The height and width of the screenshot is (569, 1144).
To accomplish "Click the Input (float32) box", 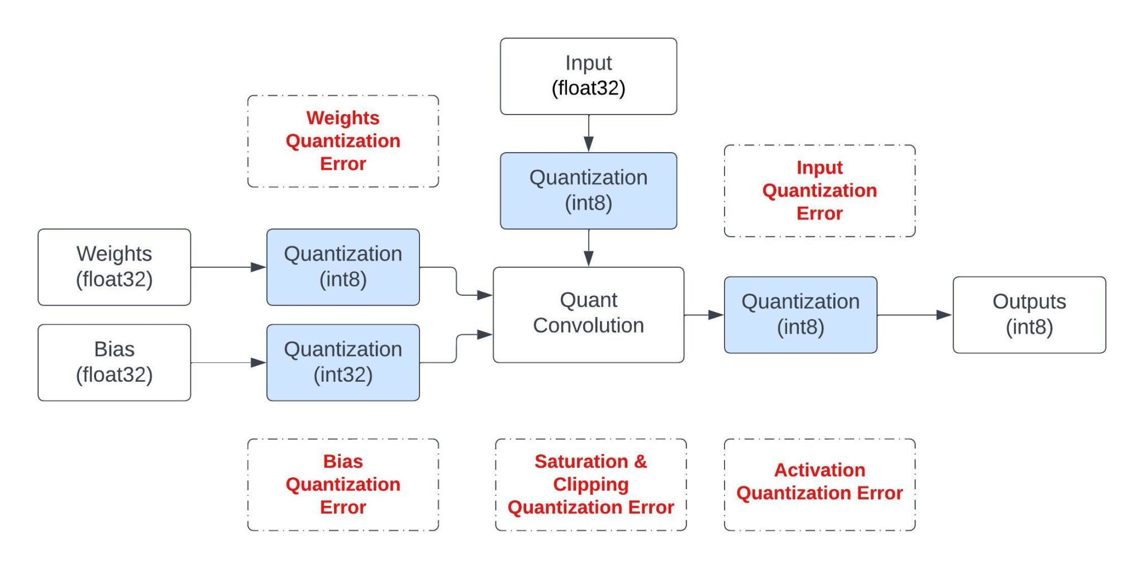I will pos(588,76).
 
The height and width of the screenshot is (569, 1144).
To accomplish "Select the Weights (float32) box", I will pos(114,267).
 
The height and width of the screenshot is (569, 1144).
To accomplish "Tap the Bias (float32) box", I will pos(114,362).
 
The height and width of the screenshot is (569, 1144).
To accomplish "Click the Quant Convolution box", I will pos(588,314).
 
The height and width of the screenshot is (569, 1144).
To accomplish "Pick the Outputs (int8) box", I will pos(1029,314).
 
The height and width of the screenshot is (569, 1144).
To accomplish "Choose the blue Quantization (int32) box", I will pos(342,362).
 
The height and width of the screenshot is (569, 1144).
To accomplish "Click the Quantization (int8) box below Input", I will pos(588,190).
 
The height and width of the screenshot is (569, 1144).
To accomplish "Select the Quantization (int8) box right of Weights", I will pos(342,267).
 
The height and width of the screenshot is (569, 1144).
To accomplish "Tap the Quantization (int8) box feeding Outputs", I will pos(800,314).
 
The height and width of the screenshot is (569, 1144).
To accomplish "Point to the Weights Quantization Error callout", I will pos(342,141).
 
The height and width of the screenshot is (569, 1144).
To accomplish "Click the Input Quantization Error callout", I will pos(819,191).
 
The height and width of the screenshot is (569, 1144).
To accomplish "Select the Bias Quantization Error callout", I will pos(342,484).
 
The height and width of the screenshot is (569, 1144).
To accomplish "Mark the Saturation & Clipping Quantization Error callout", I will pos(590,484).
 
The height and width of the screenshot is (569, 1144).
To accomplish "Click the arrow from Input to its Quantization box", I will pos(588,134).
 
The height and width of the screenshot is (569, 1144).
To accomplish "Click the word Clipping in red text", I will pos(590,484).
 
